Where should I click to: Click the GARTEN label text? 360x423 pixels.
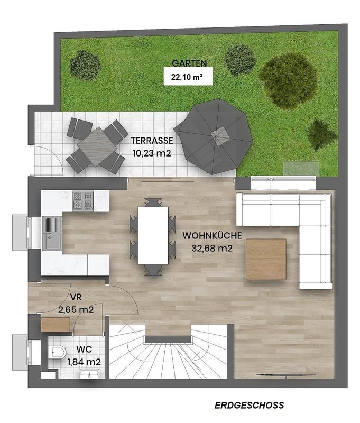(x=189, y=63)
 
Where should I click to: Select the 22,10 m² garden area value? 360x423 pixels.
(x=184, y=77)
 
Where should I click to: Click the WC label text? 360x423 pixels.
(x=84, y=350)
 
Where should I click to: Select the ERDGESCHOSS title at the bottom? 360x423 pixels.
(x=249, y=406)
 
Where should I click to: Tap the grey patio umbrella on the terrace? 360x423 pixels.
(x=213, y=136)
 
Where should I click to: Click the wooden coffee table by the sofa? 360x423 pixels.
(x=266, y=259)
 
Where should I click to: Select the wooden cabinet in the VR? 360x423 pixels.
(x=56, y=324)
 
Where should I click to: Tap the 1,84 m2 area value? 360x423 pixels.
(x=84, y=362)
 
